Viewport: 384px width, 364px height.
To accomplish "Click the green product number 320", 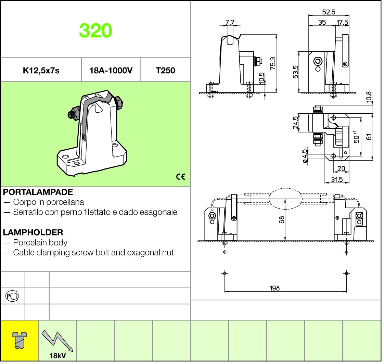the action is (95, 30).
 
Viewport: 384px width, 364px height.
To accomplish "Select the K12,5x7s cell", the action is (41, 71).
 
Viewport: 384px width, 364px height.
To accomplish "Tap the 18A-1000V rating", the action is (111, 71).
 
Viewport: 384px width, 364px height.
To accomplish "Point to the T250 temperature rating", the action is (165, 71).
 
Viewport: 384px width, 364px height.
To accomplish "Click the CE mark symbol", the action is (180, 177).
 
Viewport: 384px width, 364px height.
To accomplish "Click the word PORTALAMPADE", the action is (38, 192).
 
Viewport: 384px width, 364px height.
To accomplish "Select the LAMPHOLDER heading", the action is (33, 232).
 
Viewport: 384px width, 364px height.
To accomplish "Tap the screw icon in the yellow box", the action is (20, 340).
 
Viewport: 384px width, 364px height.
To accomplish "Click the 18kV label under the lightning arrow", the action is (58, 355).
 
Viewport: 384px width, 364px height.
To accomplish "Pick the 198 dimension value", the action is (274, 288).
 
